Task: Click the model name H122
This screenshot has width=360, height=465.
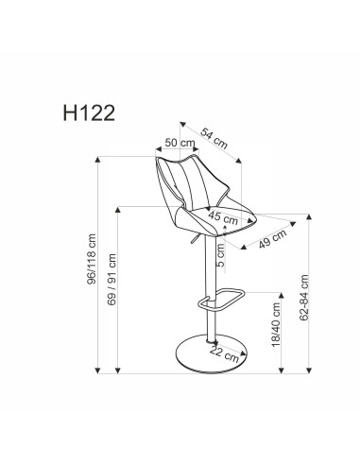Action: [x=84, y=114]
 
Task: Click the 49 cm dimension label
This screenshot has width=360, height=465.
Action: [x=271, y=235]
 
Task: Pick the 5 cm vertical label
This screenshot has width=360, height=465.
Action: [x=219, y=253]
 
